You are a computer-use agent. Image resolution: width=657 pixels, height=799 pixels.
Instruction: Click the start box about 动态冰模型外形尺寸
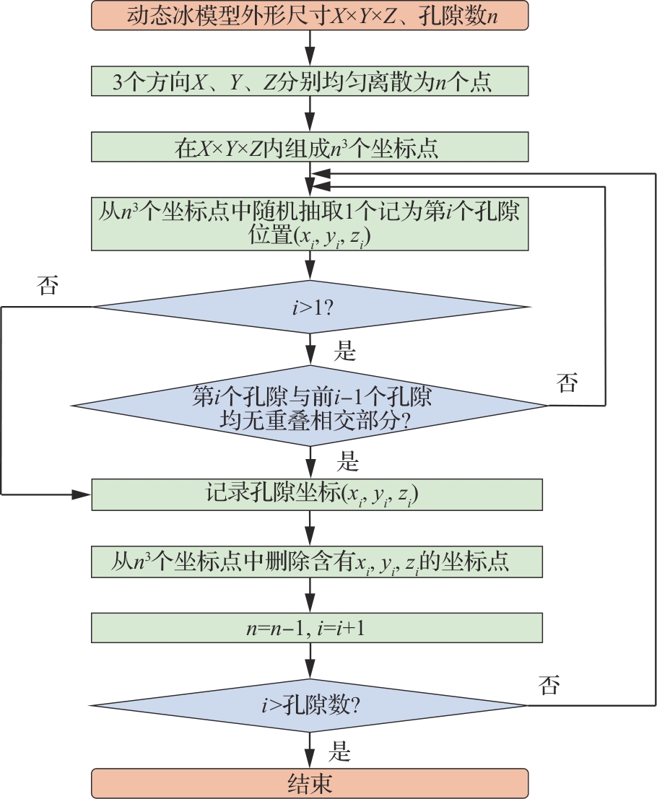[310, 15]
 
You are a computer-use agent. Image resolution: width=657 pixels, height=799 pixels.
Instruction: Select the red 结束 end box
[310, 783]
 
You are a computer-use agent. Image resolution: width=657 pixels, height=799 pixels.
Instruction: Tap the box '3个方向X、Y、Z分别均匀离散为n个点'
[310, 81]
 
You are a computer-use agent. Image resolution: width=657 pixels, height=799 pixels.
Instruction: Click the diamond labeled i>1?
[310, 307]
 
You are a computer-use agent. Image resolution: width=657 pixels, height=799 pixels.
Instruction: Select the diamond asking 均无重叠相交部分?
[310, 406]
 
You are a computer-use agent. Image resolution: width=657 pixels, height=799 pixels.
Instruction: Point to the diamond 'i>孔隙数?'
[310, 704]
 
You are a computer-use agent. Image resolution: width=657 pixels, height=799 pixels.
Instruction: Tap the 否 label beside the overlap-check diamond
[567, 383]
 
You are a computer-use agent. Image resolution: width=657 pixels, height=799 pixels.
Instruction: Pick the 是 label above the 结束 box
[339, 752]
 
